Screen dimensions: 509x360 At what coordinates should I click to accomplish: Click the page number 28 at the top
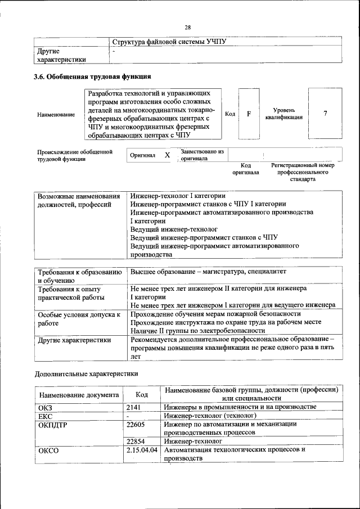187,27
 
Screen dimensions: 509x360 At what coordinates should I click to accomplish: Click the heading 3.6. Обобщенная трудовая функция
92,76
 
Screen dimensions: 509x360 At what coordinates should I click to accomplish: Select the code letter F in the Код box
248,114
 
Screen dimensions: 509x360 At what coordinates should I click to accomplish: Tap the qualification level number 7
325,114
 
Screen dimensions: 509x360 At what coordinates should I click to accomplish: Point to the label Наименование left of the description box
56,115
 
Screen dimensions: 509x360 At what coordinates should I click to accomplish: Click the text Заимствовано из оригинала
202,155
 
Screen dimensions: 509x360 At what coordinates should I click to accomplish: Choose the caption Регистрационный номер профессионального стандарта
303,172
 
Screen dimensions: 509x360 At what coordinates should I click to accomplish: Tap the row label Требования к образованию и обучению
79,276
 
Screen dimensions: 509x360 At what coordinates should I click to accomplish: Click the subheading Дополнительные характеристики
86,373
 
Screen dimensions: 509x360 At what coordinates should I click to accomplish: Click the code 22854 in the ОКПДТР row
136,442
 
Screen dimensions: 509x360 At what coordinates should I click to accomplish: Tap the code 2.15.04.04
142,450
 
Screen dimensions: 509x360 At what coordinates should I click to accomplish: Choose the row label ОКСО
48,451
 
